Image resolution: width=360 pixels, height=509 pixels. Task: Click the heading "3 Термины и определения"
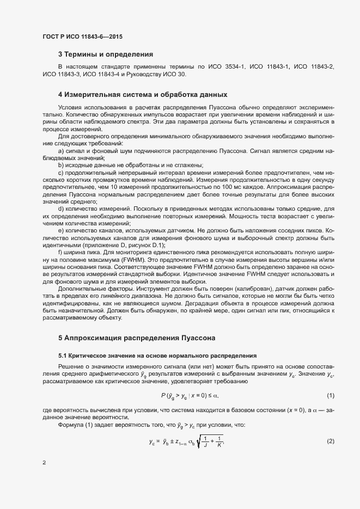(106, 54)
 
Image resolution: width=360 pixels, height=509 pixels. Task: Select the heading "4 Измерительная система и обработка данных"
(142, 94)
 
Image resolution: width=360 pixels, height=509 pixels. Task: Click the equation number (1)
(330, 394)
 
